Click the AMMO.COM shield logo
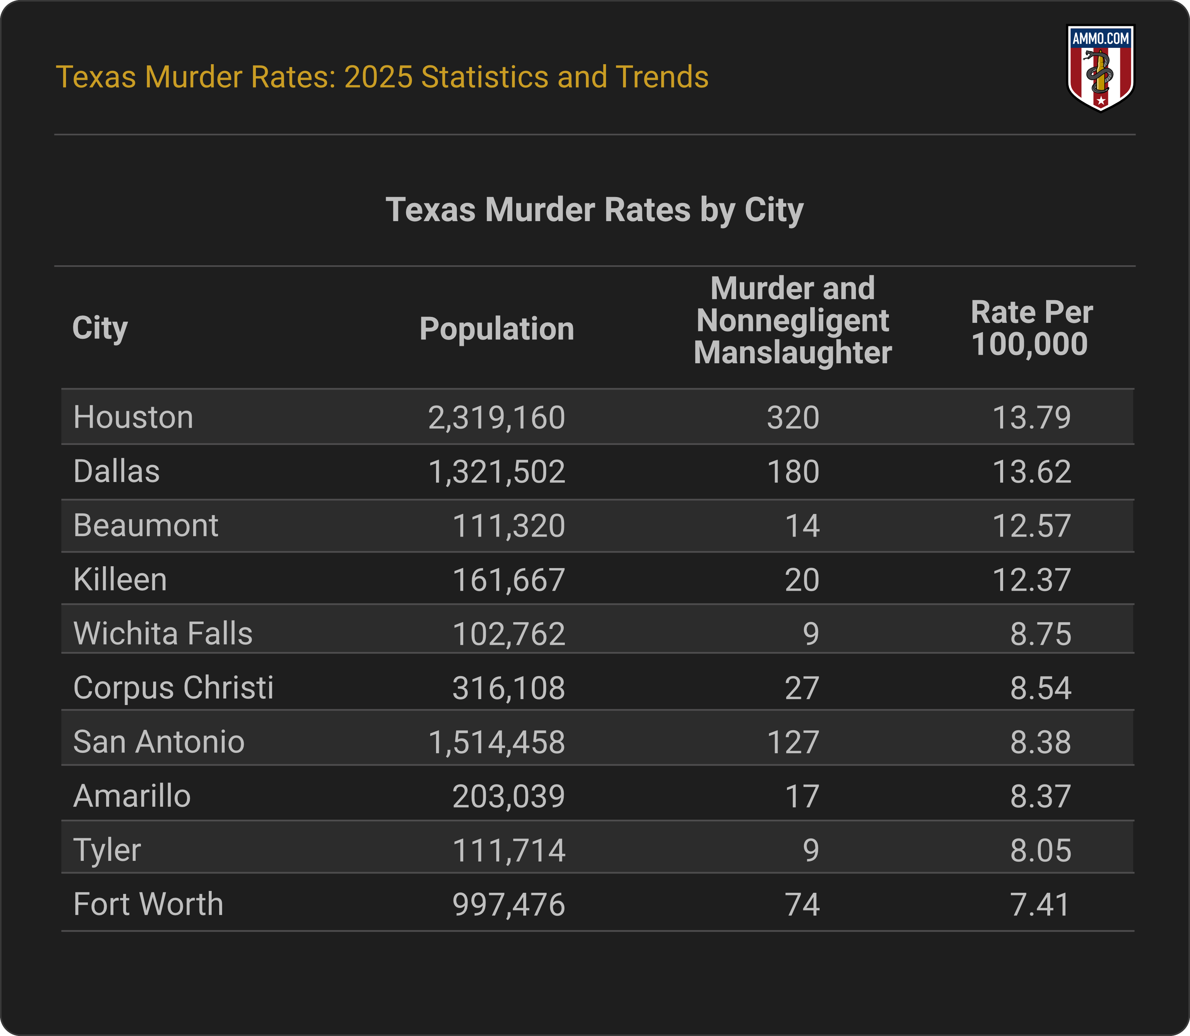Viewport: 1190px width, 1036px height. [1101, 68]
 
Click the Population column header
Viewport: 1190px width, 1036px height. [497, 329]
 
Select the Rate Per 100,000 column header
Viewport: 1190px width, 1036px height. [1031, 328]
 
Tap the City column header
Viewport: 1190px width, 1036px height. [100, 328]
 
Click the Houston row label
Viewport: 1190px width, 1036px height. [133, 417]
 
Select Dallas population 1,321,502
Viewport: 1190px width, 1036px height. [497, 472]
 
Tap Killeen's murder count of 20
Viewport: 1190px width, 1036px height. [802, 580]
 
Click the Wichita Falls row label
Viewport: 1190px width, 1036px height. [163, 634]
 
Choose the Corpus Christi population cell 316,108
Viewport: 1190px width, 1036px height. [508, 688]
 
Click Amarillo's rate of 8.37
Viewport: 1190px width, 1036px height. [1041, 796]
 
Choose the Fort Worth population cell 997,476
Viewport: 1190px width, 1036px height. [508, 905]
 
